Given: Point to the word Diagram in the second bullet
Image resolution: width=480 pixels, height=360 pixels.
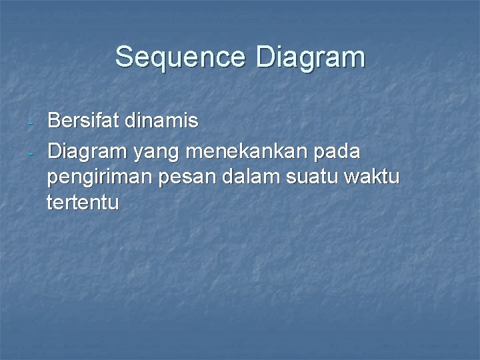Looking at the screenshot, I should coord(88,152).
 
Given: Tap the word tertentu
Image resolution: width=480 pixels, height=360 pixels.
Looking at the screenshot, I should coord(83,203).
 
